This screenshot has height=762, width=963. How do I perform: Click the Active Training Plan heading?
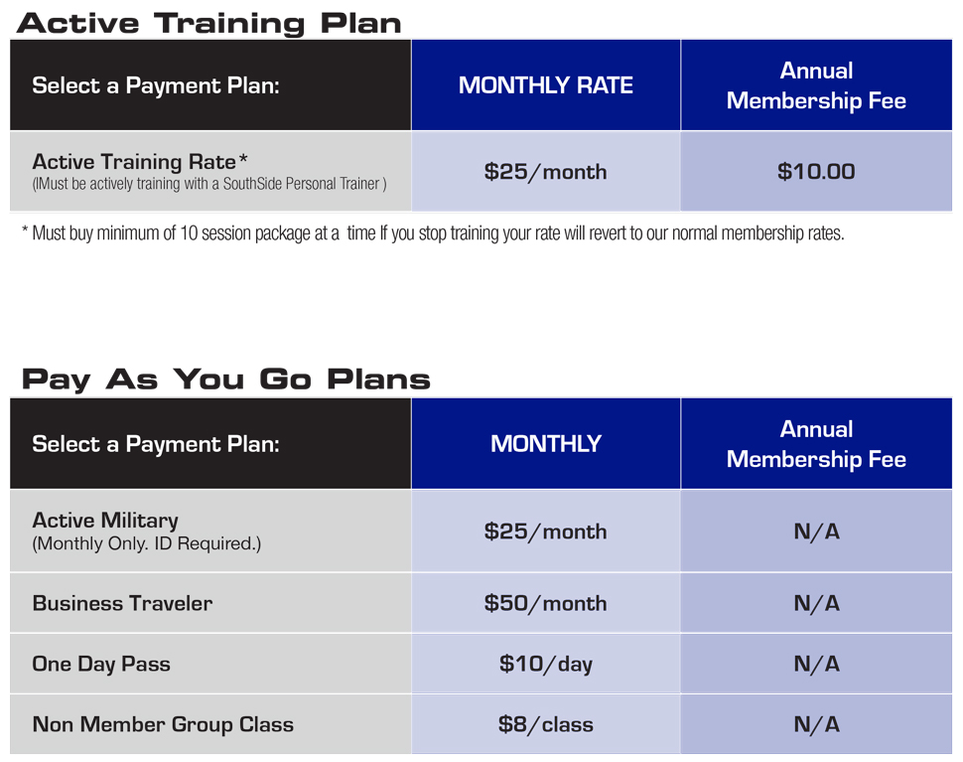(x=208, y=24)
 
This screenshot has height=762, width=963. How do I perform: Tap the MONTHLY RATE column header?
(x=545, y=85)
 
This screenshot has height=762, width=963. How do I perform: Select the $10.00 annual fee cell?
(x=816, y=172)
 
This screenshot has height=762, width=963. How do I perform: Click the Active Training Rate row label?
(x=140, y=162)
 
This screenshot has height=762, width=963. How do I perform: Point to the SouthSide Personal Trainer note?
(x=209, y=184)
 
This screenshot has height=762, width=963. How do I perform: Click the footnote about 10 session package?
(x=433, y=233)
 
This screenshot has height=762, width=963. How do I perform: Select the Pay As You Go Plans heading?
(x=225, y=380)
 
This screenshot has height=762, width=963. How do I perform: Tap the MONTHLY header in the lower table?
(x=545, y=444)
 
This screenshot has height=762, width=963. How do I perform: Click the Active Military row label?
(x=105, y=521)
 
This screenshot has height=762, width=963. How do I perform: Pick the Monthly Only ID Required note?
(x=147, y=543)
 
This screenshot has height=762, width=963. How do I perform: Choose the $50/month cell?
(x=545, y=603)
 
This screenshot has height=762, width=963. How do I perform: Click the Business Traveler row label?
(x=122, y=603)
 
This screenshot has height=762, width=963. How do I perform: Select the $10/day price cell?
(x=545, y=664)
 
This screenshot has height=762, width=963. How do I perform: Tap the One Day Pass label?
(x=101, y=665)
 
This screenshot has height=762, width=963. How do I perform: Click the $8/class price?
(x=545, y=724)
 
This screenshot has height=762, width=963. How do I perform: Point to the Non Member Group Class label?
(x=163, y=724)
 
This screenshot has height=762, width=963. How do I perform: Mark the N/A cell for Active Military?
(x=816, y=531)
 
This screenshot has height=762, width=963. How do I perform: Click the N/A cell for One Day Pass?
(x=816, y=664)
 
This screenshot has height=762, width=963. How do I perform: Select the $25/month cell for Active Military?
(x=545, y=531)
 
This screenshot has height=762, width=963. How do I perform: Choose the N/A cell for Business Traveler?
(x=816, y=603)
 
